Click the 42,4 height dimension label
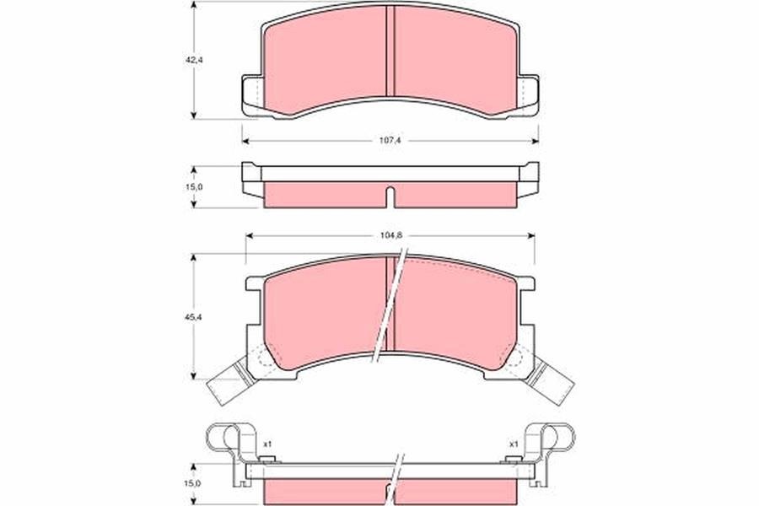tap(194, 61)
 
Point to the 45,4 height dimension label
tap(194, 317)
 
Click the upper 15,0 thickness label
tap(194, 187)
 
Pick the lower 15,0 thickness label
tap(194, 483)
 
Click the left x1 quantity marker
tap(267, 444)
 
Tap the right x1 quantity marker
tap(514, 444)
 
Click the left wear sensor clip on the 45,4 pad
tap(228, 385)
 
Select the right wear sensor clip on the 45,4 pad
tap(552, 385)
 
